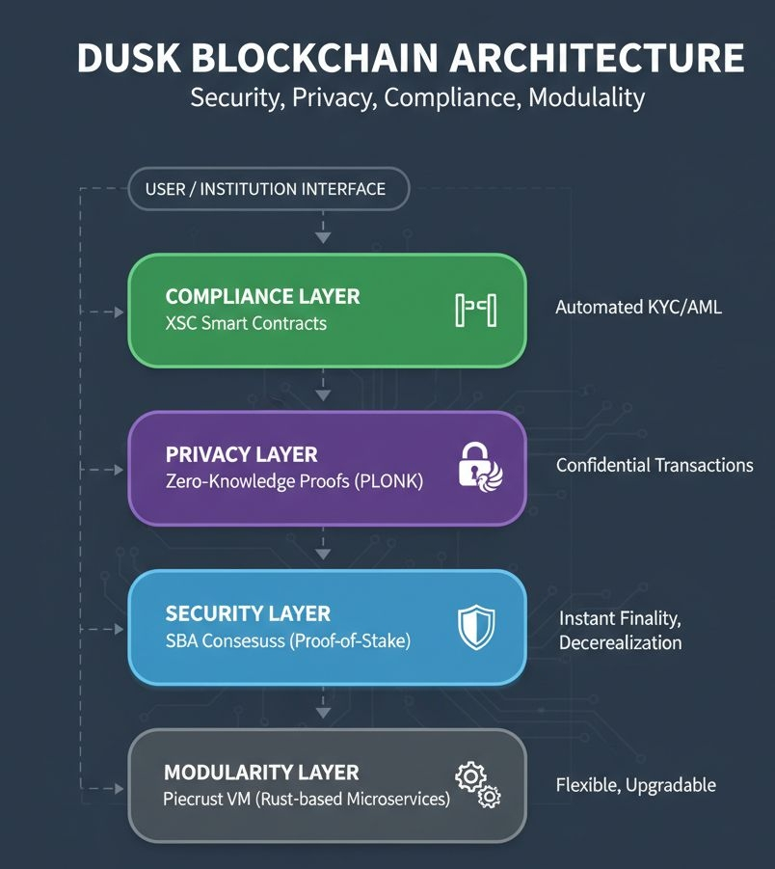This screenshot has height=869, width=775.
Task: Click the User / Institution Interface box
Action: coord(268,189)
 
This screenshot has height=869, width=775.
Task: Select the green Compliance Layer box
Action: coord(327,310)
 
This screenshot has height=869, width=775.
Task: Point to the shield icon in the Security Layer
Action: coord(475,627)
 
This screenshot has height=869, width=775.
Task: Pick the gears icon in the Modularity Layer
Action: coord(478,784)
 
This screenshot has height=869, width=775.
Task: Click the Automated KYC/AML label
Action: coord(638,308)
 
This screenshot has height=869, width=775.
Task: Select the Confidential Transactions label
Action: coord(655,465)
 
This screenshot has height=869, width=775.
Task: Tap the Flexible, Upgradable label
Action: coord(635,785)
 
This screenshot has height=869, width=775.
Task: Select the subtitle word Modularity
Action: coord(586,98)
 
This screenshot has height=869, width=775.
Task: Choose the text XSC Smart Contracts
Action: coord(246,323)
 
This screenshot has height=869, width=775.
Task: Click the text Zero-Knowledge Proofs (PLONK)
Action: coord(294,481)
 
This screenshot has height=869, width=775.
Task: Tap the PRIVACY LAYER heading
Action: coord(241,454)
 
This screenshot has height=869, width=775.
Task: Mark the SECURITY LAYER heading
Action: coord(248,613)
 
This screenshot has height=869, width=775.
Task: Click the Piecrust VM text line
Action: coord(307,799)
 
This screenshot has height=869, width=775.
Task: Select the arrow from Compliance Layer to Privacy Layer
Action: coord(324,390)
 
